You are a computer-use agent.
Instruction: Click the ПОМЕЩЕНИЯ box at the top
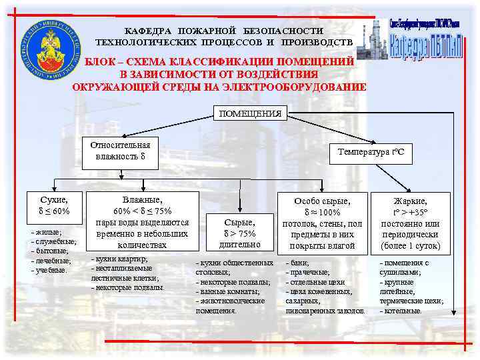pos(250,113)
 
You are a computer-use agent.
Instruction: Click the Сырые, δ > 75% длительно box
pos(239,233)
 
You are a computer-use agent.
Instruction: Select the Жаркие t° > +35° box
pos(410,223)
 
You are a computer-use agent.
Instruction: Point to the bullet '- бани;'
pos(298,263)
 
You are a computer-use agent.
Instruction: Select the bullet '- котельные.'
pos(401,311)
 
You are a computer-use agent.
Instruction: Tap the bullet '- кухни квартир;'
pos(118,259)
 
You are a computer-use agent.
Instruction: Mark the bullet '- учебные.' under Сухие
pos(49,270)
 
